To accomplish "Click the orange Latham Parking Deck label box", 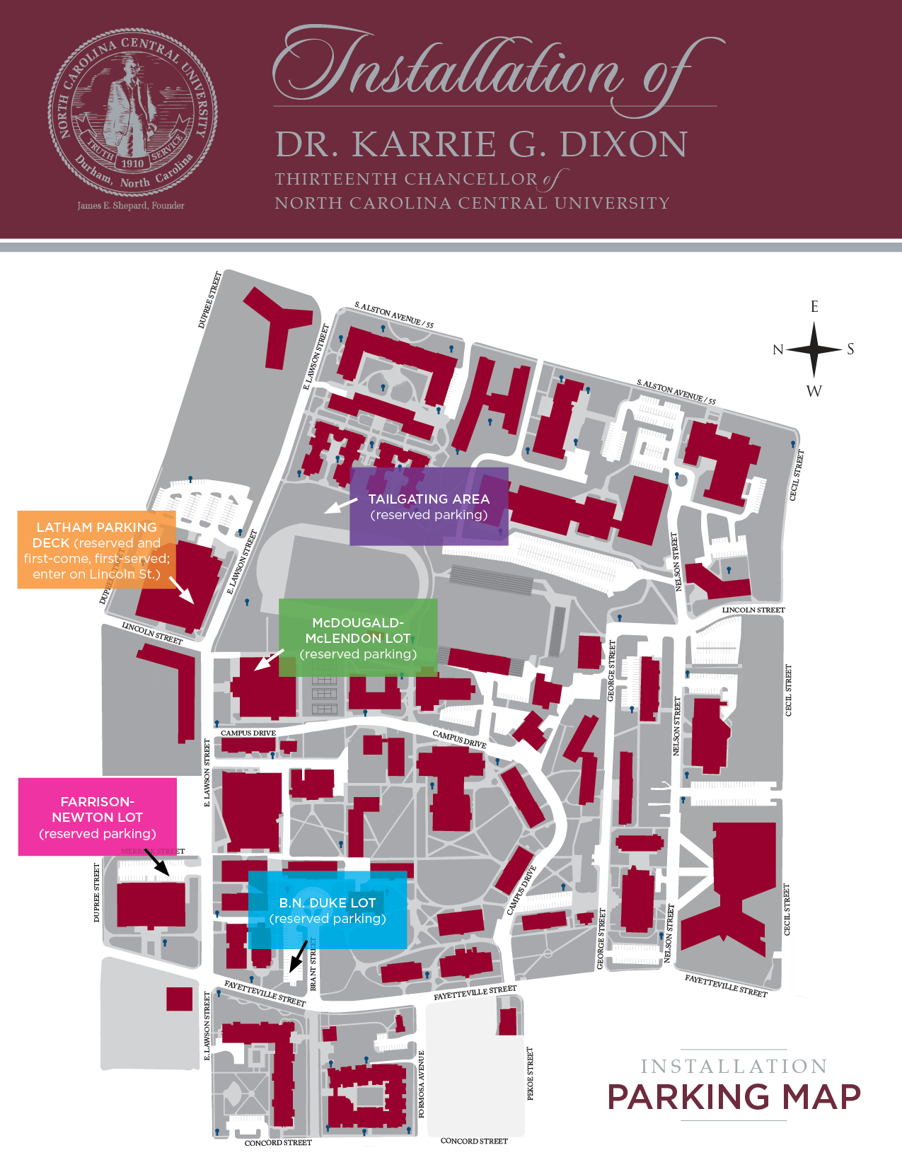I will pos(96,550).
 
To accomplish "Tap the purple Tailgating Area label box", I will pos(429,506).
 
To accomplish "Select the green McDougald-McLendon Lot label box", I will pos(358,638).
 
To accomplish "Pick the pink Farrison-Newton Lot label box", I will pos(98,817).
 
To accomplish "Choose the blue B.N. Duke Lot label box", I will pos(328,910).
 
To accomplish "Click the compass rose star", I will pos(814,349).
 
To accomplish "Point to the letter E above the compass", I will pos(814,307).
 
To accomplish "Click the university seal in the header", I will pos(132,113).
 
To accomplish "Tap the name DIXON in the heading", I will pos(623,144).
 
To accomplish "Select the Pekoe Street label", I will pos(531,1073).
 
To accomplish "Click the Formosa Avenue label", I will pos(422,1084).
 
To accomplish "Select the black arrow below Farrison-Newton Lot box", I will pos(156,862).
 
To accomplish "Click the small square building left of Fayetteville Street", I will pos(179,999).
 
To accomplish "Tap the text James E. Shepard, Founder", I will pos(131,206).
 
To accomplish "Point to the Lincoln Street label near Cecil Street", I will pos(753,610).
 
